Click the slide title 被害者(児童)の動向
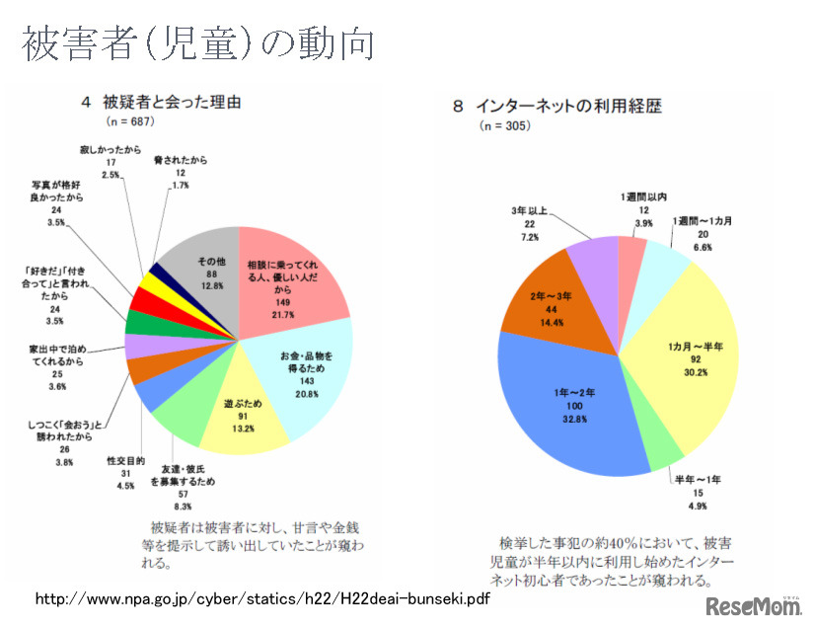(x=197, y=43)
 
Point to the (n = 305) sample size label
(x=504, y=126)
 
